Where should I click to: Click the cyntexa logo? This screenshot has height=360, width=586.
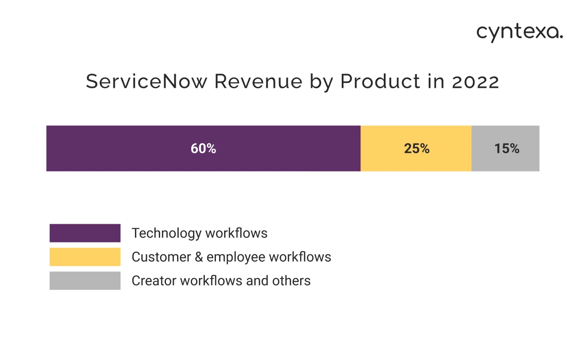pos(520,33)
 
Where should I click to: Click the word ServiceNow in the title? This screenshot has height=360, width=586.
pos(147,82)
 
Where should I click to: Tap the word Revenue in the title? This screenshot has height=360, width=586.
pos(258,82)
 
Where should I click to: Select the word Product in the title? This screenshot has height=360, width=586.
pos(380,82)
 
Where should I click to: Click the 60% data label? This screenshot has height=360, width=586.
pos(203,149)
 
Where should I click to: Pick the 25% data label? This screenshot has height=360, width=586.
pos(416,149)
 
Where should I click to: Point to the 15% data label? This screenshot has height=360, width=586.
pos(506,149)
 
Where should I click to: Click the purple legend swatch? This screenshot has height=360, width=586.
pos(85,233)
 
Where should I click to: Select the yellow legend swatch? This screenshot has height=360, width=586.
pos(85,257)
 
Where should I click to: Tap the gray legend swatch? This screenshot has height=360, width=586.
pos(85,280)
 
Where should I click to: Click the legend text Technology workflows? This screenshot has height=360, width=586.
pos(199,233)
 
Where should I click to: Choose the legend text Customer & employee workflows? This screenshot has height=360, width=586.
pos(231,257)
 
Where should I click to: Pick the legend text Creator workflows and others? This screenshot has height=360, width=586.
pos(221,280)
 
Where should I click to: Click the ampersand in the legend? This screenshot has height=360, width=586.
pos(199,257)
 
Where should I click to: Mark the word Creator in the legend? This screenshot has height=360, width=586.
pos(151,280)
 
